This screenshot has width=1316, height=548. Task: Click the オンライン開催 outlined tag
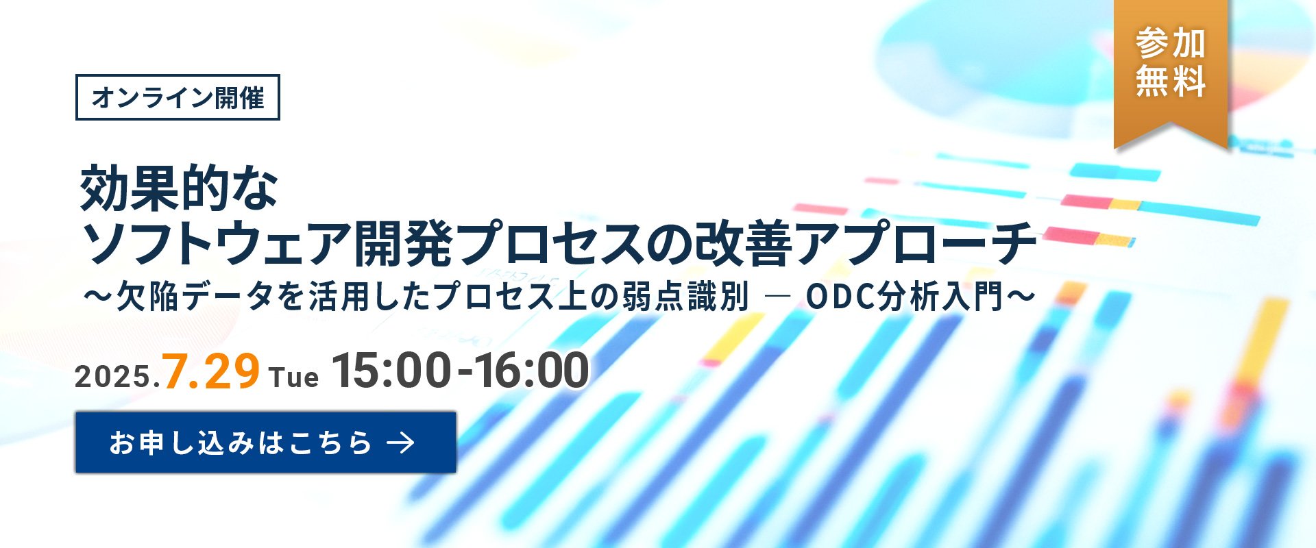tap(178, 97)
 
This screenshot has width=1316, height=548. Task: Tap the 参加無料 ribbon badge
tap(1171, 72)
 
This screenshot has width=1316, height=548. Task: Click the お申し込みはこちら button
tap(266, 443)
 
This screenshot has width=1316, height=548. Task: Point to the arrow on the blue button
tap(401, 443)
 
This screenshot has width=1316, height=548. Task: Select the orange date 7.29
tap(211, 371)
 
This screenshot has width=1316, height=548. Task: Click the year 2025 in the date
tap(113, 377)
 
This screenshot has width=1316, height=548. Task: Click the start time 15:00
tap(391, 371)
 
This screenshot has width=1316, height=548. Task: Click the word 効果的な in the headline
tap(179, 188)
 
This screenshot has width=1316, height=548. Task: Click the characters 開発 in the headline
tap(403, 242)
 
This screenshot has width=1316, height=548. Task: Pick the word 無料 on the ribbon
tap(1171, 81)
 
